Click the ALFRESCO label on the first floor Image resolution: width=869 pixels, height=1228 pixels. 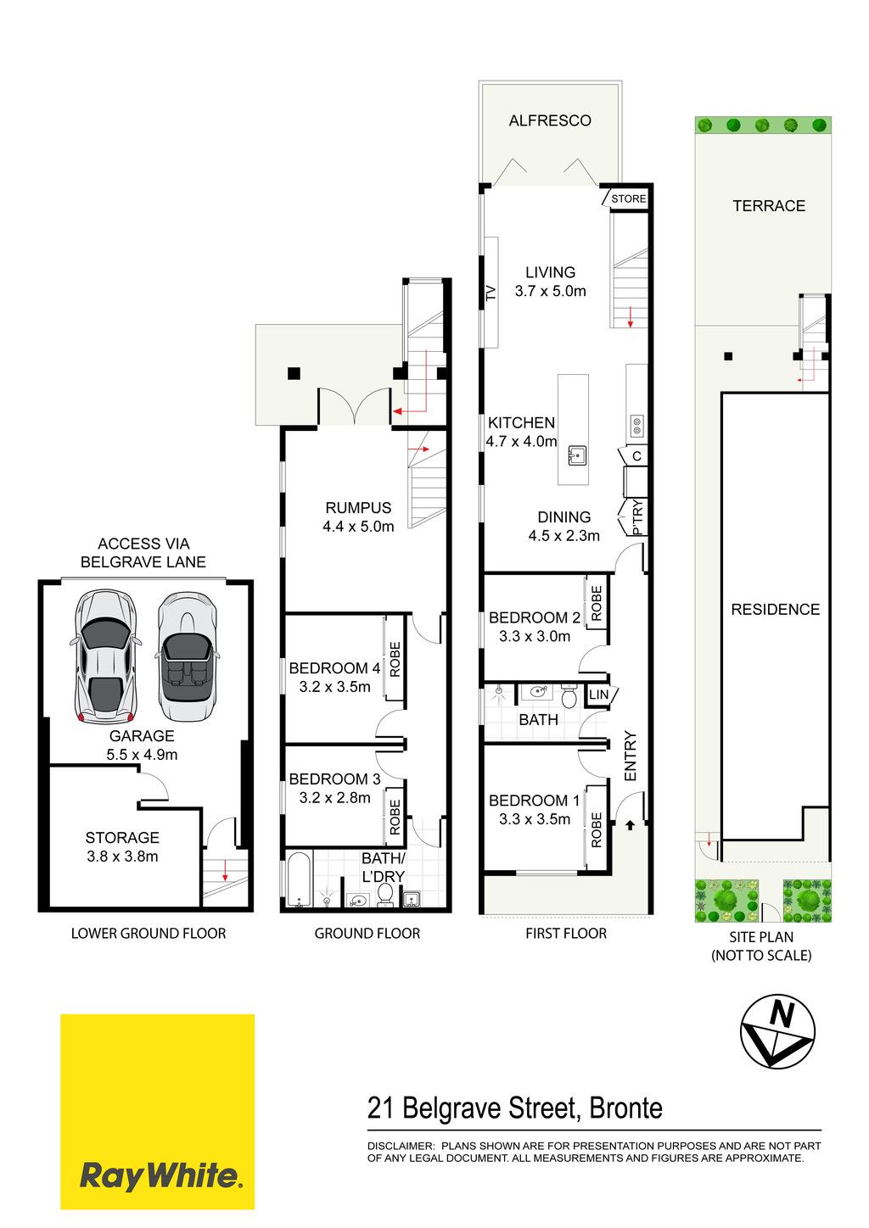click(x=550, y=120)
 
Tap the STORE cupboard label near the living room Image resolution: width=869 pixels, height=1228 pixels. click(x=629, y=198)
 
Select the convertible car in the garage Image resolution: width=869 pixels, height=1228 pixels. click(x=187, y=656)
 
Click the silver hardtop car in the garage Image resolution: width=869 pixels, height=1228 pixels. click(x=105, y=656)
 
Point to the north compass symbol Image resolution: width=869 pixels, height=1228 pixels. click(x=777, y=1032)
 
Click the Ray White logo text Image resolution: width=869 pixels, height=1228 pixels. click(x=159, y=1176)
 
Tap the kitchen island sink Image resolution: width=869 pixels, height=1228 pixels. click(x=576, y=455)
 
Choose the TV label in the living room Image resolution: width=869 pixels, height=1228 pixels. click(x=491, y=293)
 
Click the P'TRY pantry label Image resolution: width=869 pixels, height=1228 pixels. click(x=637, y=517)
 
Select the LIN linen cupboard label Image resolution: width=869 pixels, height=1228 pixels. click(x=598, y=695)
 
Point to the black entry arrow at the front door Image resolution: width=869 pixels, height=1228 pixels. click(x=630, y=824)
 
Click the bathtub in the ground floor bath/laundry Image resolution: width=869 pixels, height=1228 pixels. click(x=299, y=879)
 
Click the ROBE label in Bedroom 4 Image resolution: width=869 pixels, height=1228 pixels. click(x=395, y=659)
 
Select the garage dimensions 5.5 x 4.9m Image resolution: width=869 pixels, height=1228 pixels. click(x=142, y=754)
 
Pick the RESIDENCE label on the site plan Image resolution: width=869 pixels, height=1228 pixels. click(x=775, y=609)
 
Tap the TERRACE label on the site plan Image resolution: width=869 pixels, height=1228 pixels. click(x=769, y=205)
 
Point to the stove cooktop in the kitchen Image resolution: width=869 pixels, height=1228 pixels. click(x=637, y=426)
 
